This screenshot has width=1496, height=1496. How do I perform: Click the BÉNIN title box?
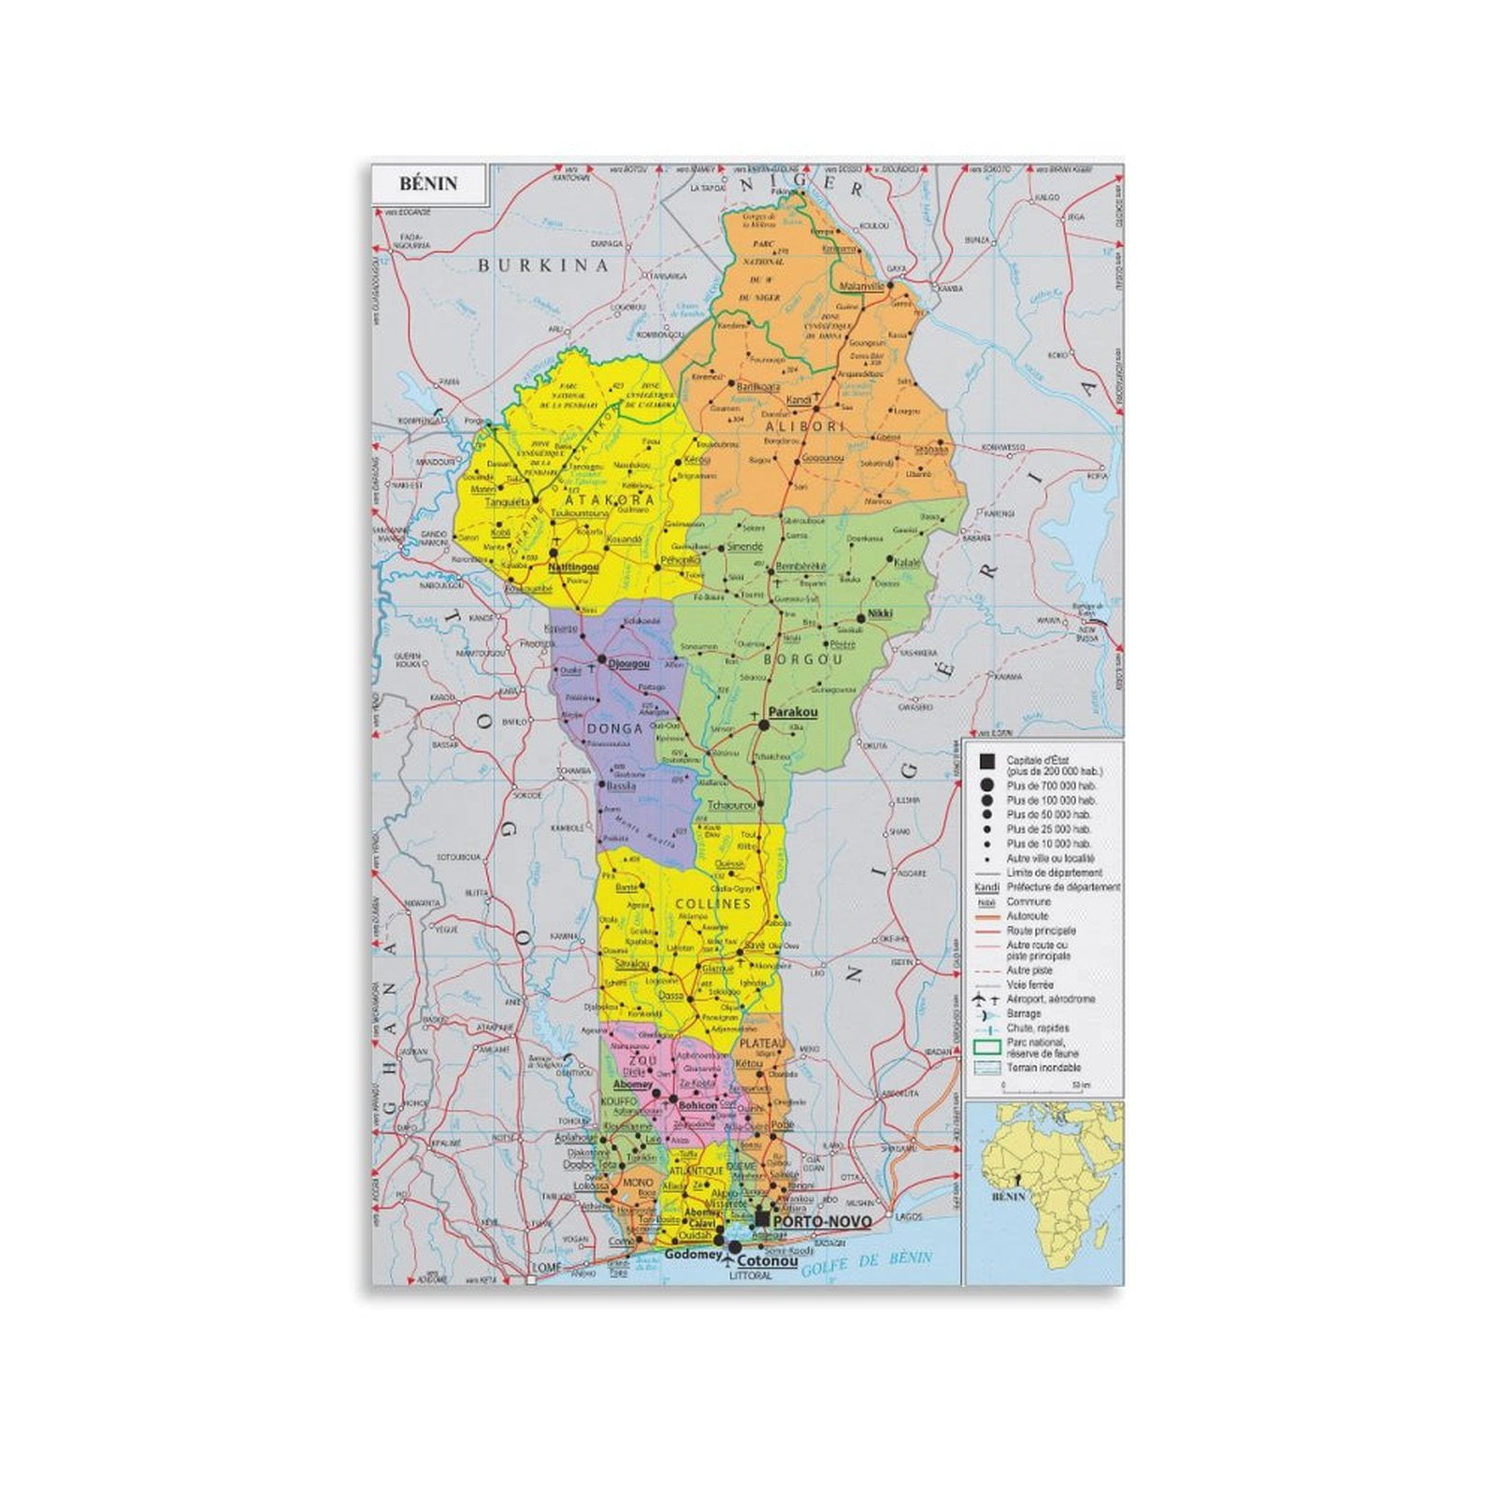[428, 183]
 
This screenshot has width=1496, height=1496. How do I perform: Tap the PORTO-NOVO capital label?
[822, 1222]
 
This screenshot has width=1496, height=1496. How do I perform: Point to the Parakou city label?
[793, 712]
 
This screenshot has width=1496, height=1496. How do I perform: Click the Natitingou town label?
[573, 568]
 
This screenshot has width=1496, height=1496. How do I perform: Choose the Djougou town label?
[628, 664]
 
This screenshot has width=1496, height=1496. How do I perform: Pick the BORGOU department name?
[803, 659]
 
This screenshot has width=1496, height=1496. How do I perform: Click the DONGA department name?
[614, 728]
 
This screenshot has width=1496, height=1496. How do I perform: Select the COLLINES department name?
[712, 904]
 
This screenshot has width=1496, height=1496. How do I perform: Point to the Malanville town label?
[862, 286]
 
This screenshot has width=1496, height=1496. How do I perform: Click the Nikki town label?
[880, 613]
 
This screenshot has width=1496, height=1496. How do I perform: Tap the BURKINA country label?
[543, 266]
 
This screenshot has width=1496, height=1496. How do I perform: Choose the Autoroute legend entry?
[1027, 916]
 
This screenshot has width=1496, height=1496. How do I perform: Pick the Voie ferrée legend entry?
[1028, 985]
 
